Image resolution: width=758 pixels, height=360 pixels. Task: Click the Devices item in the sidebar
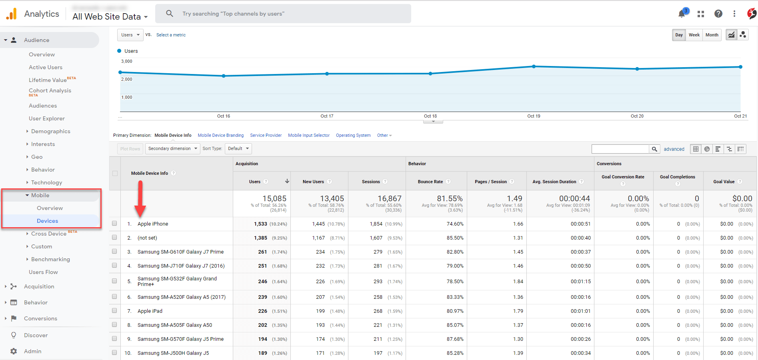point(47,221)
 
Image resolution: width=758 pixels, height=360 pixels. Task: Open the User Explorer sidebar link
point(46,118)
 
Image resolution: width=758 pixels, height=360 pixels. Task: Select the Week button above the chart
point(694,35)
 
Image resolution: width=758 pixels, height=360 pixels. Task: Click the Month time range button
point(712,35)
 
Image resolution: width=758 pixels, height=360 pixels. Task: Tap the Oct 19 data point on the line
point(534,66)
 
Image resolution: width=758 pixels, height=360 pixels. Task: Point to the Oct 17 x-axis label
point(327,116)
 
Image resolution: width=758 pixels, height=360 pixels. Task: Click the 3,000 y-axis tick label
point(126,61)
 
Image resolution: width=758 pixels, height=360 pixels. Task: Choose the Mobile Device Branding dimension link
point(220,135)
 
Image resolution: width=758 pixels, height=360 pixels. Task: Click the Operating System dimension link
point(353,135)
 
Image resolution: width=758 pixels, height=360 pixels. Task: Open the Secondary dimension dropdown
point(172,148)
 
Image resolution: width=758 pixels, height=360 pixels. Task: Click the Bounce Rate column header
point(430,182)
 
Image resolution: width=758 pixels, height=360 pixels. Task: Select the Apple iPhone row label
point(153,224)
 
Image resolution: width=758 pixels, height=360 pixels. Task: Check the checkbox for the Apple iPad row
point(114,311)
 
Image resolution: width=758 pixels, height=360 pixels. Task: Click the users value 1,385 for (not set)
point(260,238)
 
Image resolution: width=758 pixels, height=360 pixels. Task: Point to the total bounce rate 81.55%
point(450,198)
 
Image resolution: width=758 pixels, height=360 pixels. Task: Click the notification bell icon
point(682,14)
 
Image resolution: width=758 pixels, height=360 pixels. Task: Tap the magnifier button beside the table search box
point(654,149)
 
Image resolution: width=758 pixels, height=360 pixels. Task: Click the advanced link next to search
point(674,149)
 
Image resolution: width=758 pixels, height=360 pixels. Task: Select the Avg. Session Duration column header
point(554,182)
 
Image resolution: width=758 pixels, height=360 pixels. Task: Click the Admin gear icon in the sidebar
point(14,351)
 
